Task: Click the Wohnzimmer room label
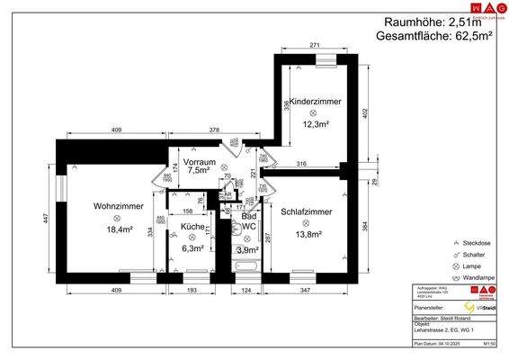(113, 205)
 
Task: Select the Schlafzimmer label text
(306, 211)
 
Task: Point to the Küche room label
(192, 226)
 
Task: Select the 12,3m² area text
(313, 124)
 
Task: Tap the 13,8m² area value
(308, 234)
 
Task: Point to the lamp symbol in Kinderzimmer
(313, 113)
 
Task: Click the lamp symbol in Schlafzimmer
(306, 223)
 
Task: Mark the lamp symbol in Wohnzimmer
(117, 218)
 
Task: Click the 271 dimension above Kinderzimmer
(316, 44)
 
